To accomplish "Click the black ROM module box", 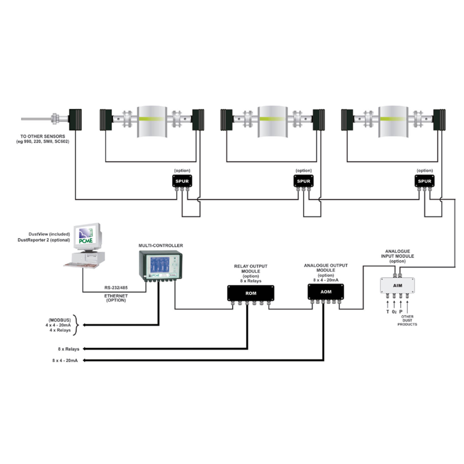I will [x=251, y=293].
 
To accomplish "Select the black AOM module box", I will [x=326, y=292].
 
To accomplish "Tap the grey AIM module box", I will [x=397, y=286].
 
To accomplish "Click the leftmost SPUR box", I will [x=182, y=181].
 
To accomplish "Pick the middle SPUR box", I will [x=303, y=181].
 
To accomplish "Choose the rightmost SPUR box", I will [x=425, y=181].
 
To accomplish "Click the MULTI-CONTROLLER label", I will [x=161, y=245].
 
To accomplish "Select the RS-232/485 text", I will [x=116, y=288].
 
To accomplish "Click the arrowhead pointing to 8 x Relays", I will [x=84, y=349].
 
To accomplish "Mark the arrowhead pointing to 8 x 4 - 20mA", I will [x=84, y=360].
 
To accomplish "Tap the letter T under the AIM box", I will [x=388, y=312].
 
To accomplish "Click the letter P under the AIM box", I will [x=401, y=312].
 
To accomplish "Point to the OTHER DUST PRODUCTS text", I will [x=407, y=320].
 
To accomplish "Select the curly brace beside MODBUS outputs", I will [x=75, y=325].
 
